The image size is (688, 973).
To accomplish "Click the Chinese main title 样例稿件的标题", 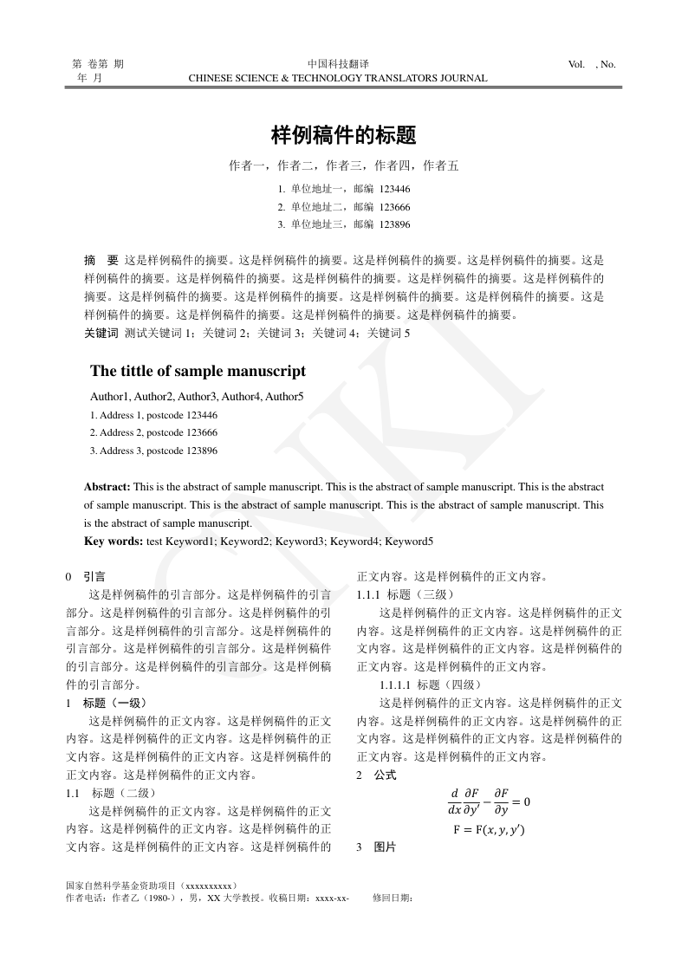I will [x=344, y=135].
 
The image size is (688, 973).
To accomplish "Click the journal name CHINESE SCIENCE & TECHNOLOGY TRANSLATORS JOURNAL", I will [x=338, y=78].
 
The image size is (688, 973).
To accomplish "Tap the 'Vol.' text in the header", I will [x=576, y=64].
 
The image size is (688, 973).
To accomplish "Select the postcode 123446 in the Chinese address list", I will [x=394, y=189].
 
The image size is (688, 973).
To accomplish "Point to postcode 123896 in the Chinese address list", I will [x=394, y=224].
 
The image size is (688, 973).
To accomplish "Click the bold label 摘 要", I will [x=101, y=259].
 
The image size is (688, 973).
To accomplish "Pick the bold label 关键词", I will [x=101, y=332].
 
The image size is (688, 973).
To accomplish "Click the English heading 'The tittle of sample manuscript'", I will [x=198, y=371].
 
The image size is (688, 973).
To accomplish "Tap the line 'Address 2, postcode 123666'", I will [x=153, y=432].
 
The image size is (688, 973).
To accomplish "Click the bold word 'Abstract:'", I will [x=107, y=488].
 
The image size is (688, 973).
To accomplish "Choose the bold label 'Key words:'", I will [x=114, y=542].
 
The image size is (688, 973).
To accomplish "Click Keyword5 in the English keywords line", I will [x=409, y=542].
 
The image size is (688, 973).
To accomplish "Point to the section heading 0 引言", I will [x=87, y=576].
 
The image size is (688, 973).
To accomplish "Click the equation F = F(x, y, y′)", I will [x=489, y=829].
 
